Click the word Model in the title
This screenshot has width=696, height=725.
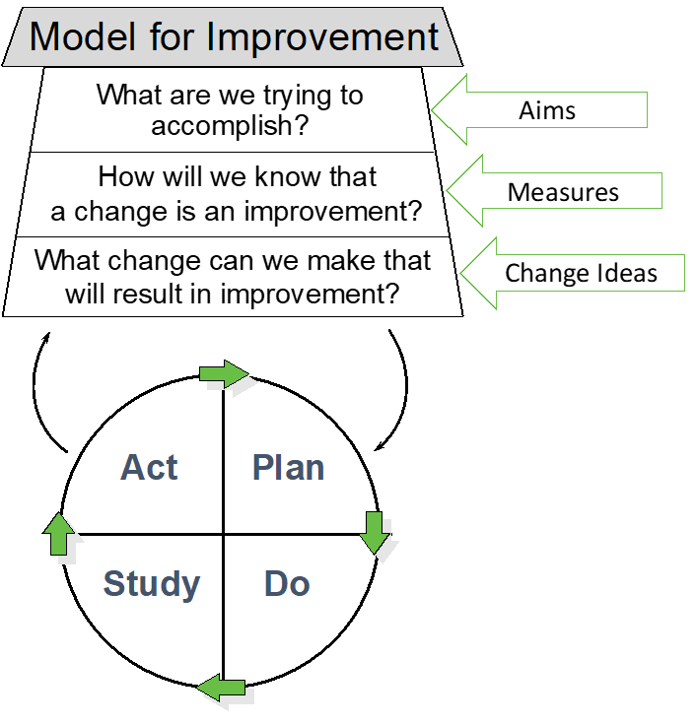click(83, 36)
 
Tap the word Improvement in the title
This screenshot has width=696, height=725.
click(322, 36)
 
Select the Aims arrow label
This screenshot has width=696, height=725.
click(547, 110)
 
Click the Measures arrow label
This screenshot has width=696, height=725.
click(563, 192)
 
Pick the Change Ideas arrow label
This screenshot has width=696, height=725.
click(581, 273)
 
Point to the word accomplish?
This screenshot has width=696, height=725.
click(230, 126)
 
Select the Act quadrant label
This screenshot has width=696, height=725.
click(149, 468)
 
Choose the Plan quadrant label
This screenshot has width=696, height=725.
click(288, 468)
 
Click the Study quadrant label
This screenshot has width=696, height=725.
click(152, 584)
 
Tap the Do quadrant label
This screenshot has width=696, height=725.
click(287, 584)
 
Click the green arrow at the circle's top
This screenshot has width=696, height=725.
click(224, 373)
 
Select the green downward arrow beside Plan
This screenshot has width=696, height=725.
click(375, 532)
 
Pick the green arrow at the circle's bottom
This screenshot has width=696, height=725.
click(221, 688)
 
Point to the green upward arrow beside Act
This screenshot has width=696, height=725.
click(58, 534)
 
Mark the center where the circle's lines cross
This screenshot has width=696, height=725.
click(224, 535)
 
